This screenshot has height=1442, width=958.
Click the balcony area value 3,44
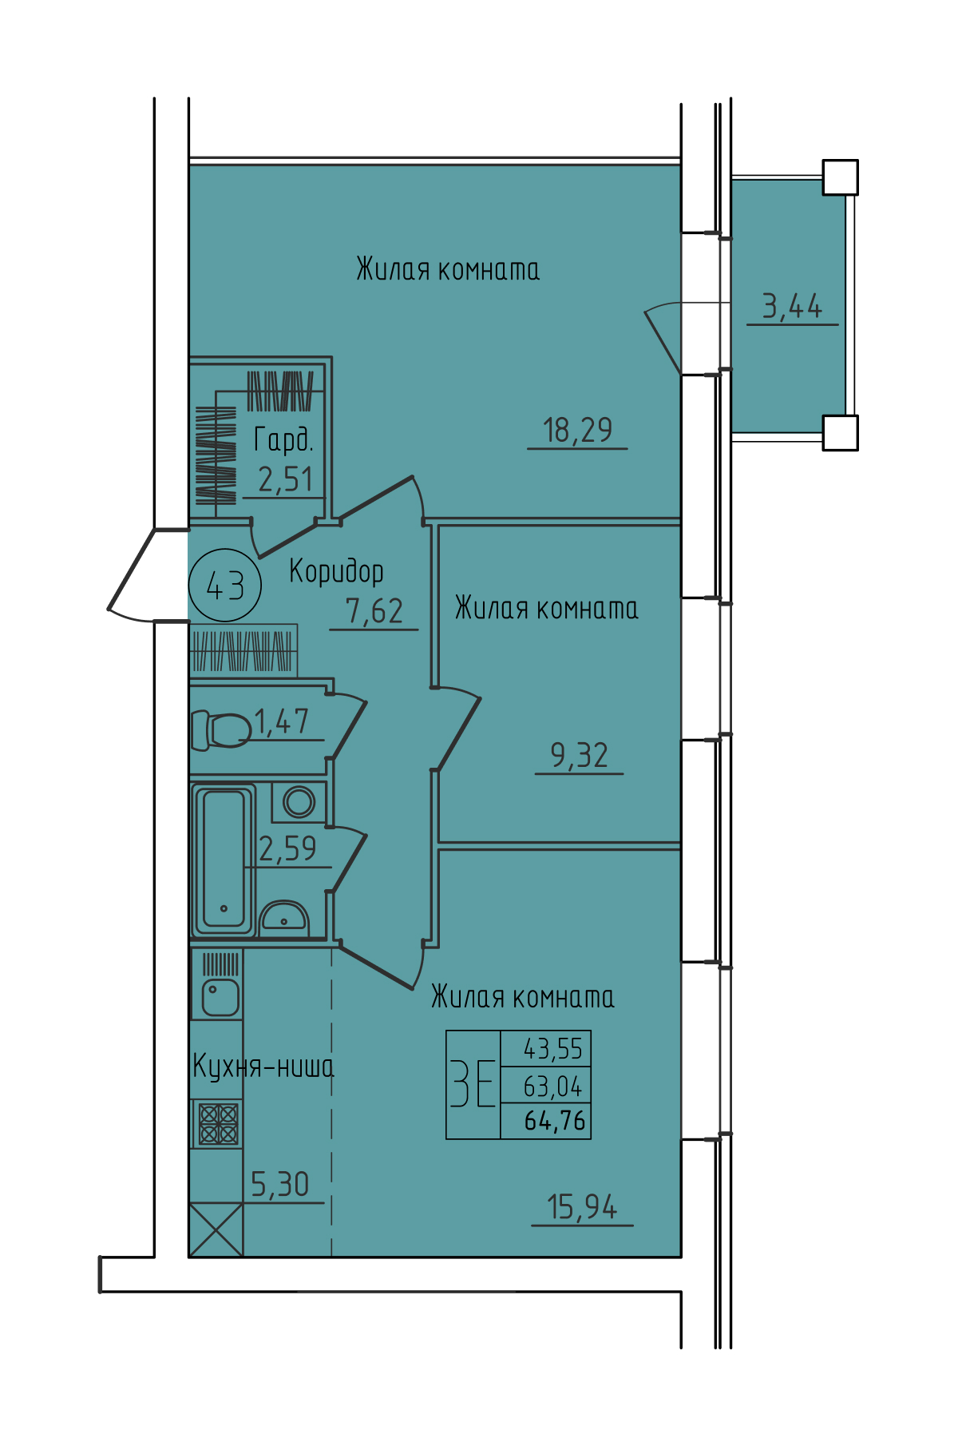pyautogui.click(x=792, y=306)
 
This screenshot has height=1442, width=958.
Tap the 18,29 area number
pyautogui.click(x=577, y=431)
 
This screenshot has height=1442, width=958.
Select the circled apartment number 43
pyautogui.click(x=225, y=586)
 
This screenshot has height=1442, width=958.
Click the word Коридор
pyautogui.click(x=336, y=571)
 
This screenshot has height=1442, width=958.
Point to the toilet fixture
pyautogui.click(x=220, y=730)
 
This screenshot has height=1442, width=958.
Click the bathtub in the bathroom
pyautogui.click(x=224, y=860)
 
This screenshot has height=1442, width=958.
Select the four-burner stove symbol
pyautogui.click(x=218, y=1124)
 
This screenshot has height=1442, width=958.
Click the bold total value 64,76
pyautogui.click(x=555, y=1121)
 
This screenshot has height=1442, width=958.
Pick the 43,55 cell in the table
pyautogui.click(x=553, y=1048)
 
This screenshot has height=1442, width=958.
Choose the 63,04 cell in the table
pyautogui.click(x=553, y=1086)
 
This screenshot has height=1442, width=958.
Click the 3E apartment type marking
pyautogui.click(x=473, y=1083)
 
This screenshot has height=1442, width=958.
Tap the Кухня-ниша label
pyautogui.click(x=263, y=1067)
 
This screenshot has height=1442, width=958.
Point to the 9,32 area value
pyautogui.click(x=580, y=755)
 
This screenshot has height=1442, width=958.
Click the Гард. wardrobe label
pyautogui.click(x=283, y=439)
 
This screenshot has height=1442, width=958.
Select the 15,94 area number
pyautogui.click(x=582, y=1207)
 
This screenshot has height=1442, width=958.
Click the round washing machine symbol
pyautogui.click(x=299, y=802)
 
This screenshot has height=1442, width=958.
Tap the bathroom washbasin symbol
pyautogui.click(x=283, y=918)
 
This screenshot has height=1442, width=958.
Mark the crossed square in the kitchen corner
pyautogui.click(x=216, y=1229)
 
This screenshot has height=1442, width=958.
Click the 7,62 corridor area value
pyautogui.click(x=374, y=611)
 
